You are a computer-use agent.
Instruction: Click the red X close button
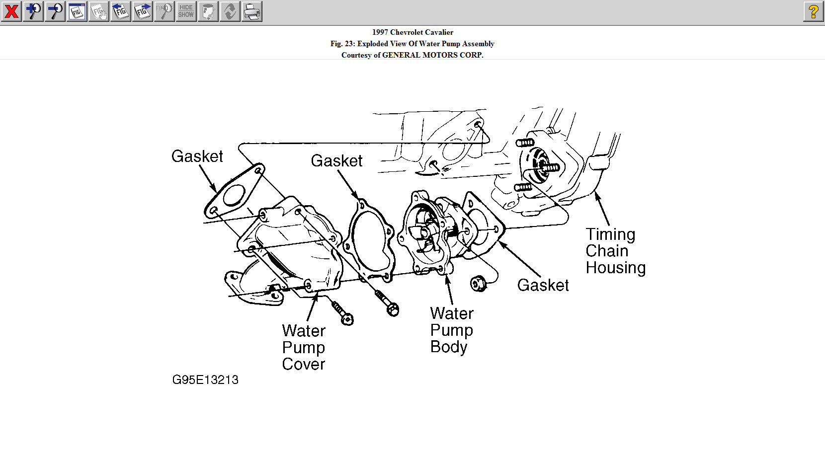click(x=11, y=11)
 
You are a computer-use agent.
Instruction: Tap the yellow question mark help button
click(x=814, y=11)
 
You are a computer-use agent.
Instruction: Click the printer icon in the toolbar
click(x=252, y=11)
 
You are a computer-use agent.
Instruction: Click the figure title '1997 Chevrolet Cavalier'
click(x=412, y=32)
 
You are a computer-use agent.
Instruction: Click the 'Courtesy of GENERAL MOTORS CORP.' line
click(x=412, y=55)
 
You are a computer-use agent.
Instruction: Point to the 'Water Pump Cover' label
click(x=304, y=347)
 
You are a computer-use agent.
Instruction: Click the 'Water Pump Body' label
click(x=451, y=330)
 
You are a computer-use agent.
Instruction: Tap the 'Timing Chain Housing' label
click(x=615, y=251)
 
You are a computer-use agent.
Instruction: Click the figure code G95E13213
click(x=205, y=380)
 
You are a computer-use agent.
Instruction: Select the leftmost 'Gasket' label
click(x=197, y=156)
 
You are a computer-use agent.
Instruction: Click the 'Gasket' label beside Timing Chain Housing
click(x=543, y=285)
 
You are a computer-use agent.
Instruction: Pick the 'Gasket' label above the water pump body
click(x=336, y=161)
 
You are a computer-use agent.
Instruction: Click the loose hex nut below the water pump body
click(x=478, y=284)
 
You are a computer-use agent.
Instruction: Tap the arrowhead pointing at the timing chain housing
click(x=598, y=196)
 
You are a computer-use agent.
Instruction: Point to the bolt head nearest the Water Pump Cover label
click(x=347, y=318)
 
